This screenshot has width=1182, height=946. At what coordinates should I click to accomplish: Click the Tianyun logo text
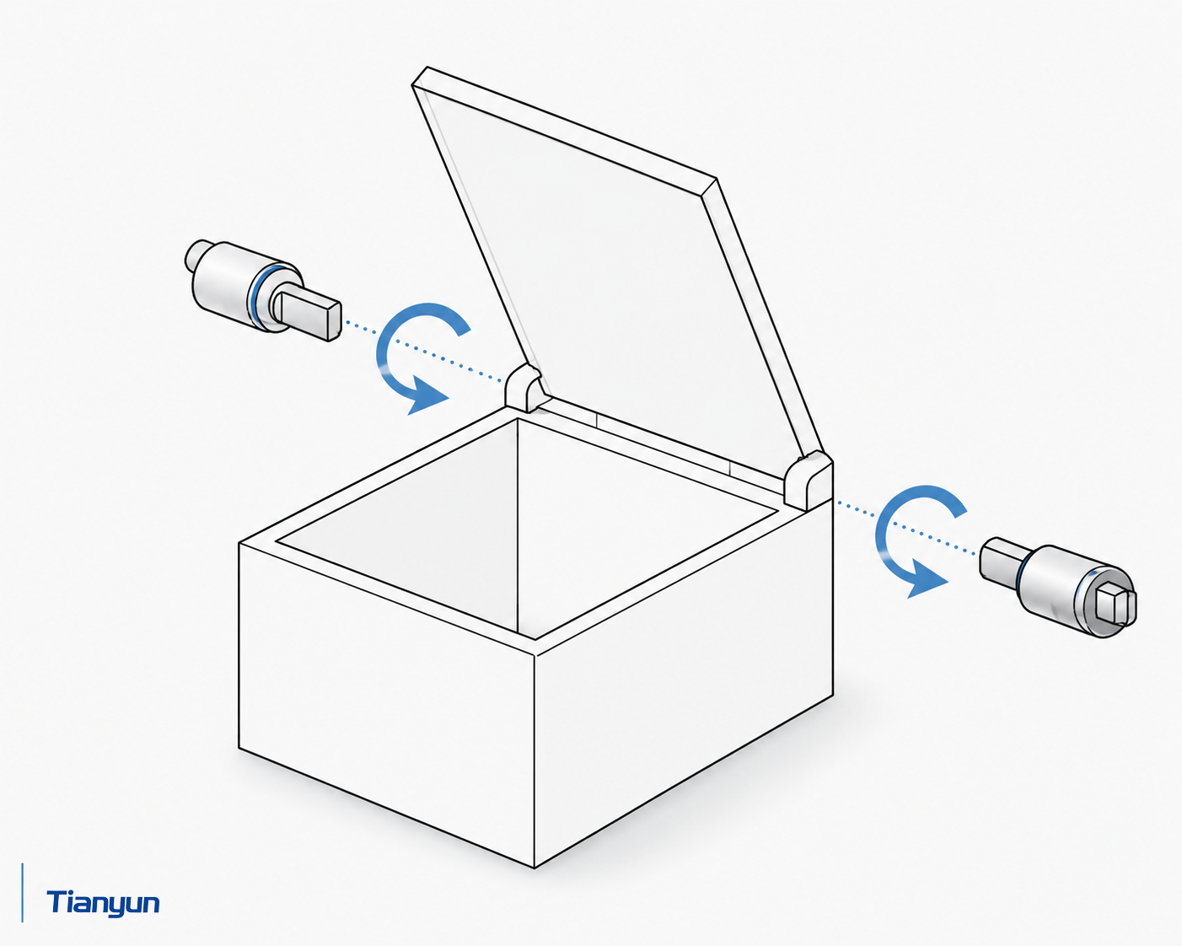coord(103,904)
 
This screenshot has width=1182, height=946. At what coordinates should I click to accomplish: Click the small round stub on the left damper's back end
coord(196,255)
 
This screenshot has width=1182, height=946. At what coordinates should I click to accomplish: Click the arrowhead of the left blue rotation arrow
coord(428,395)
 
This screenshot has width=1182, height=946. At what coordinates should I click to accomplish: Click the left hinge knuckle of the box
coord(524,387)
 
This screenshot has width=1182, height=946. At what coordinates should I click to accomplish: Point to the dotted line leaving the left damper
coord(423,352)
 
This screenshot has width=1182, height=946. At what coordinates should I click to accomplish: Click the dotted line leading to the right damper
coord(908,529)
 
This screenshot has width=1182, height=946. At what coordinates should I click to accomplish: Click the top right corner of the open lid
coord(714,179)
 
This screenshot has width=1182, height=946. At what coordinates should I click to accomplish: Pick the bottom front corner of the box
coord(535,868)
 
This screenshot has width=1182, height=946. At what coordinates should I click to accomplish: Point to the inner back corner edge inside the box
coord(518,525)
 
